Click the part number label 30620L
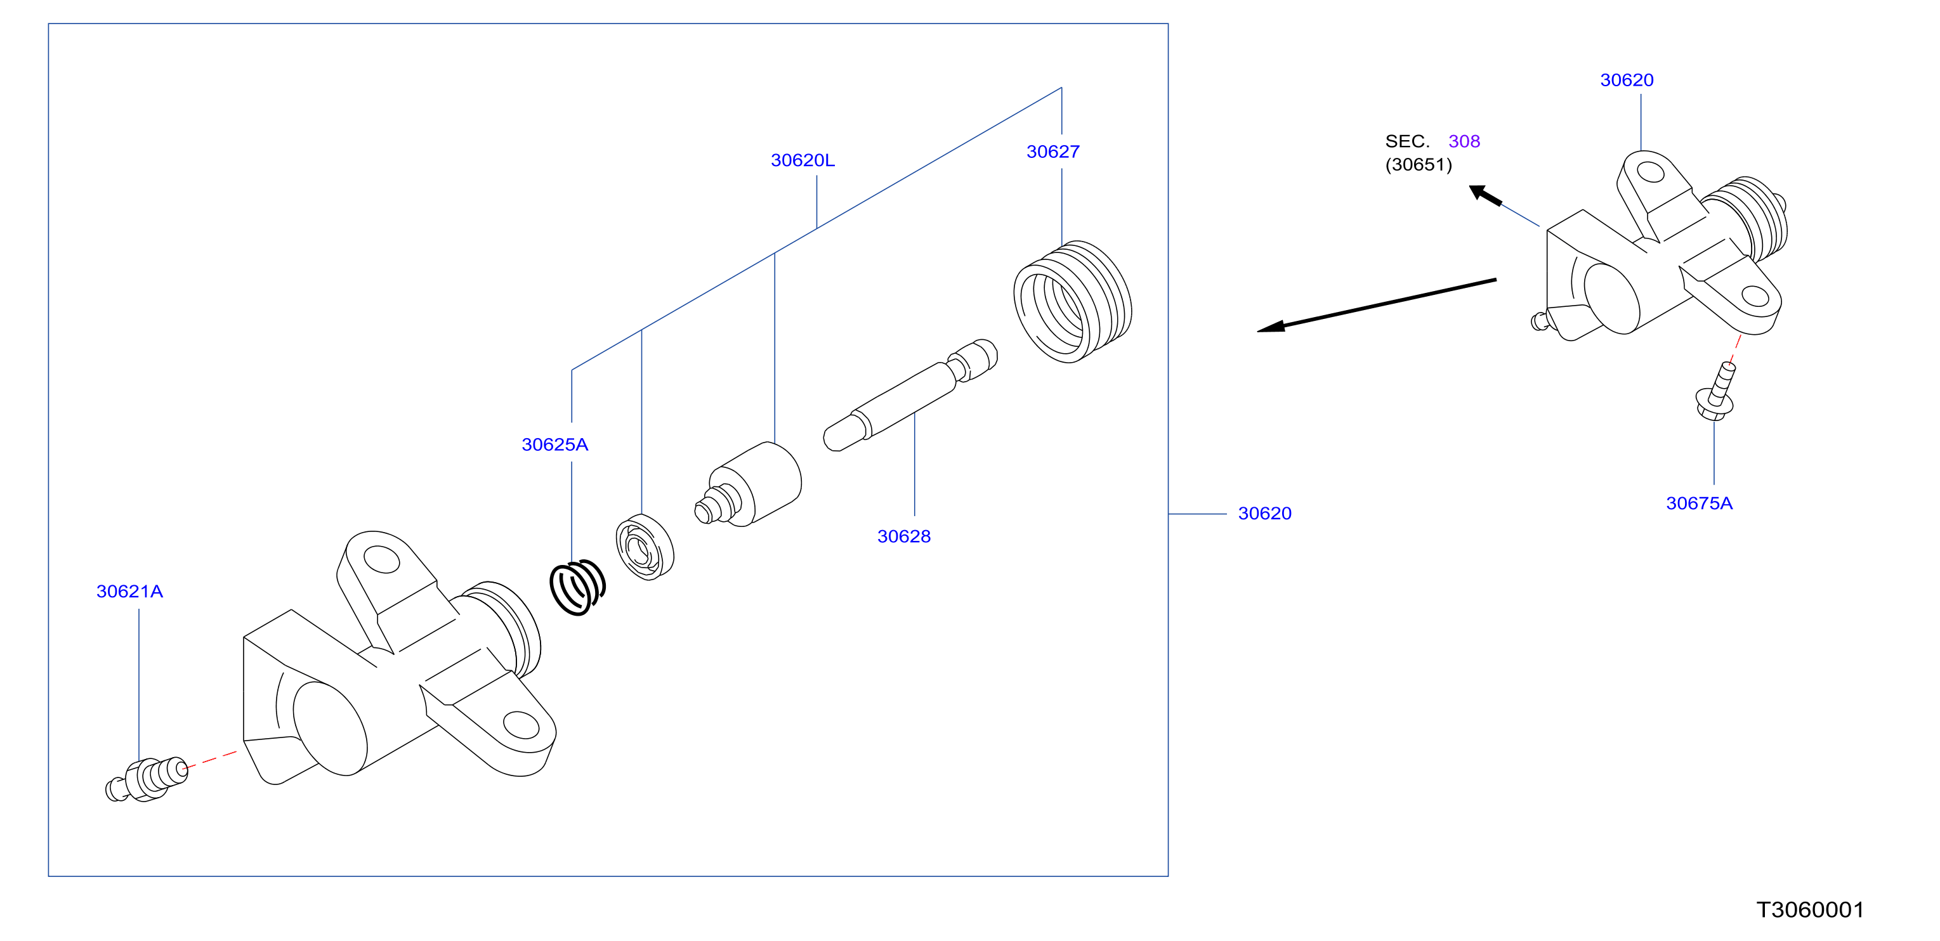(x=802, y=160)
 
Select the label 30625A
(x=554, y=445)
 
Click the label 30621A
(x=129, y=592)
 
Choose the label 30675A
(x=1698, y=503)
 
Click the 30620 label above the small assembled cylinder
(x=1626, y=81)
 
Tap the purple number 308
(x=1464, y=141)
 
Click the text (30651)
(x=1418, y=165)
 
